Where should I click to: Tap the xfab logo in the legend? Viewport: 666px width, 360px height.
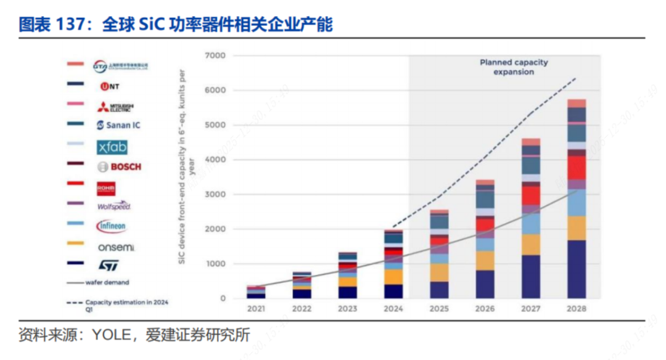coord(112,147)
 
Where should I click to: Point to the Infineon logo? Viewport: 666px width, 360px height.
coord(112,226)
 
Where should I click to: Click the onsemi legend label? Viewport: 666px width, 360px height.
coord(115,247)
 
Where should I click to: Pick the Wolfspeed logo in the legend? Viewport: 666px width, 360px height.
coord(113,206)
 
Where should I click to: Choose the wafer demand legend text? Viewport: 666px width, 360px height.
coord(109,282)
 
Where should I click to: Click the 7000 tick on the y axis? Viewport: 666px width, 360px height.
coord(218,56)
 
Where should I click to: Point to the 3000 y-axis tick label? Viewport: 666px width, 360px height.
coord(218,195)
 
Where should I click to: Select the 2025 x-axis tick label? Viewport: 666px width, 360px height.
coord(439,309)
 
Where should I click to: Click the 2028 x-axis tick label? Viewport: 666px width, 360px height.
coord(577,309)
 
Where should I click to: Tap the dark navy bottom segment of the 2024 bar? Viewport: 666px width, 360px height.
coord(393,291)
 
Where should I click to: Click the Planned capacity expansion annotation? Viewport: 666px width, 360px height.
coord(514,67)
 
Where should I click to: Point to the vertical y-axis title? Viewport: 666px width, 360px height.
coord(184,166)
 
